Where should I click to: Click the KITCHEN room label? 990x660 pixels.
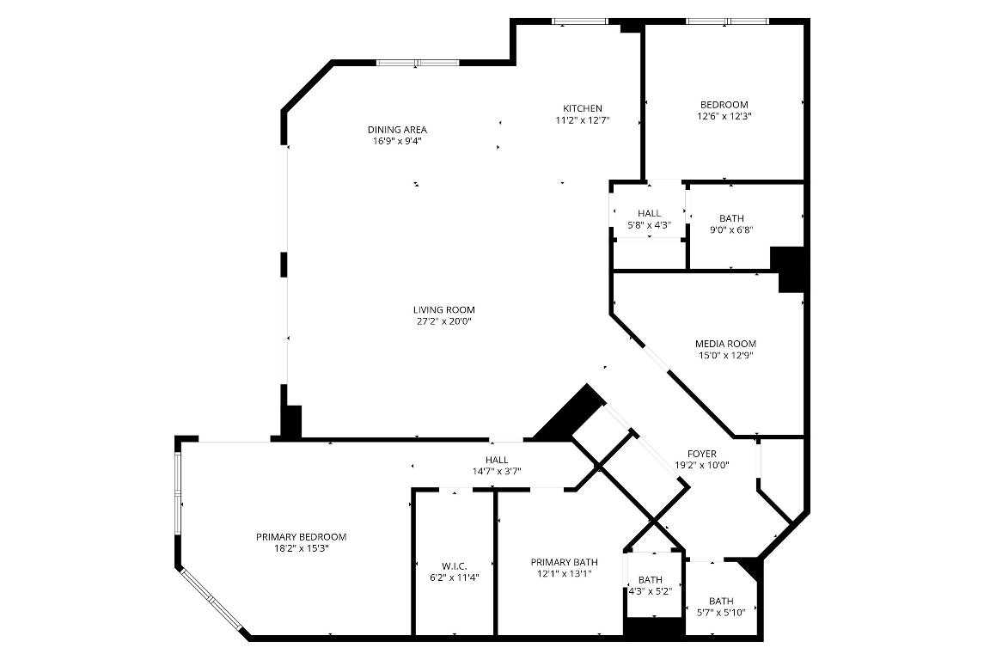pyautogui.click(x=582, y=108)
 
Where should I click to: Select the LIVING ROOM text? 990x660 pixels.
pyautogui.click(x=443, y=310)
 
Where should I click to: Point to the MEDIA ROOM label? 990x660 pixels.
pyautogui.click(x=725, y=344)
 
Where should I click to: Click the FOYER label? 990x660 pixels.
pyautogui.click(x=701, y=454)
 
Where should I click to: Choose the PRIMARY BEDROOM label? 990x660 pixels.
pyautogui.click(x=301, y=537)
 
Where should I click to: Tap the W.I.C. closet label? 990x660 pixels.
pyautogui.click(x=454, y=565)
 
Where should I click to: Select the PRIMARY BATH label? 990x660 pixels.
pyautogui.click(x=564, y=562)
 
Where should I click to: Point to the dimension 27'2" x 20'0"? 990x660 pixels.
pyautogui.click(x=443, y=321)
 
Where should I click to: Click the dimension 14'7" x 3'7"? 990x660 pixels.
pyautogui.click(x=497, y=471)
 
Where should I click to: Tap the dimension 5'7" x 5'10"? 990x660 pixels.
pyautogui.click(x=721, y=612)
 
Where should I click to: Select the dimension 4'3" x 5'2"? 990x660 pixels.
pyautogui.click(x=650, y=591)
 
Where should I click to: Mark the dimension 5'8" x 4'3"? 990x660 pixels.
pyautogui.click(x=649, y=225)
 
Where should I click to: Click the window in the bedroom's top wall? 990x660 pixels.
pyautogui.click(x=726, y=21)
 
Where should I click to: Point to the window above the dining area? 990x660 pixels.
pyautogui.click(x=418, y=62)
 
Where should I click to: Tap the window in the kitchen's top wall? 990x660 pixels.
pyautogui.click(x=579, y=21)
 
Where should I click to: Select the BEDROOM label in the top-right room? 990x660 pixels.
pyautogui.click(x=724, y=105)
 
